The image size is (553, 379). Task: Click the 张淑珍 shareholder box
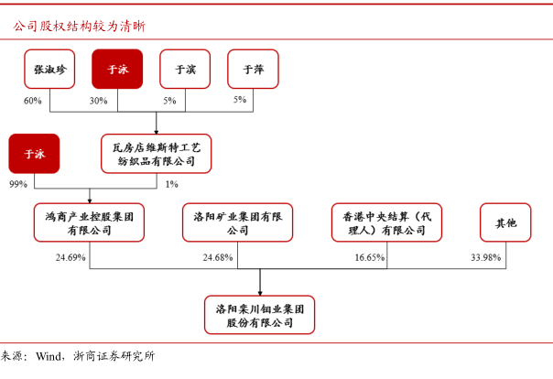coord(49,69)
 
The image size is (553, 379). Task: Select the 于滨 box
coord(185,69)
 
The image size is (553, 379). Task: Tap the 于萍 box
coord(253,69)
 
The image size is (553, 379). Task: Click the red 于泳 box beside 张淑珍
coord(117,69)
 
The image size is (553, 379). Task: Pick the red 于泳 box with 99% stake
coord(34,154)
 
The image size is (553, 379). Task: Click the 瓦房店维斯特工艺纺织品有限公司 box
coord(157,154)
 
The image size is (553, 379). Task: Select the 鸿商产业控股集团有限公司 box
coord(89,222)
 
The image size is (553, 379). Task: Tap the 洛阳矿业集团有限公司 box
coord(238,222)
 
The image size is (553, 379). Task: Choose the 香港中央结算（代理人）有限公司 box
coord(386,222)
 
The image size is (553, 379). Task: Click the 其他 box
coord(505,222)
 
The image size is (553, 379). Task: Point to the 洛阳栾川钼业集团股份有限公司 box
coord(260,315)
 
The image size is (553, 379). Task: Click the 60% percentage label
coord(32,101)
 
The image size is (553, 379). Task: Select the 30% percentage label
coord(98,101)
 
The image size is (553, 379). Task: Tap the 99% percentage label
coord(18,184)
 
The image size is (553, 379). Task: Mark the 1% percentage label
coord(172,184)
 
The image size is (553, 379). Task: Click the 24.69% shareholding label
coord(70,258)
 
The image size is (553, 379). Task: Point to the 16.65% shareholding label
coord(370,258)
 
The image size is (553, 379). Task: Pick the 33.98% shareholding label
coord(485,258)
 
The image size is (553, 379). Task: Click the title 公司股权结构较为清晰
coord(80,26)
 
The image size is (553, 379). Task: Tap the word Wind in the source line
coord(49,356)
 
